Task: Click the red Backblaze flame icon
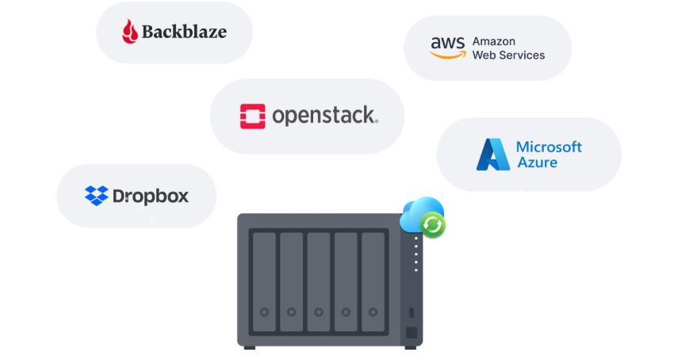130,33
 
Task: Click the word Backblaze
184,33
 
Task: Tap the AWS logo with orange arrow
447,48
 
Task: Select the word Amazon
494,41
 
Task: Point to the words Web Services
508,56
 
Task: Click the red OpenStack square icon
252,116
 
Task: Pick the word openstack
324,116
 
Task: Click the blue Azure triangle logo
492,155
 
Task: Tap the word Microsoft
549,147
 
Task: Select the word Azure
537,163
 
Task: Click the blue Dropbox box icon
96,195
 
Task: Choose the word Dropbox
151,196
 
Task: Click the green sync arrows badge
432,226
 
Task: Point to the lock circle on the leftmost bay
264,312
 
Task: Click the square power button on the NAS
411,333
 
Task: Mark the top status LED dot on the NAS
416,238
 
